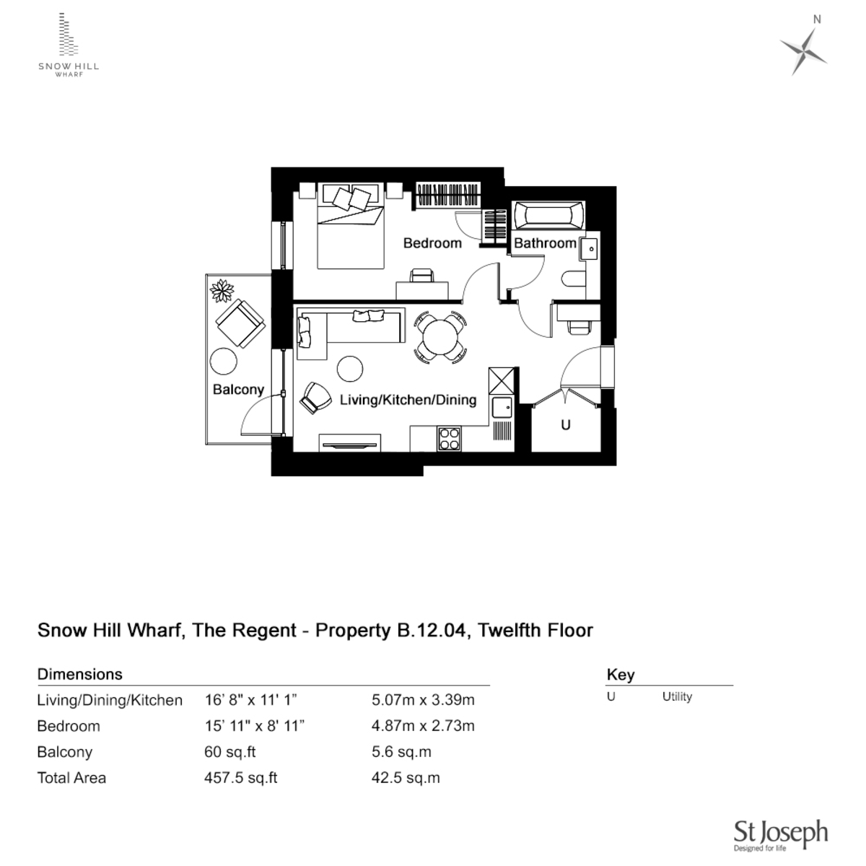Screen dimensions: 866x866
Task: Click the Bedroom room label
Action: click(x=432, y=243)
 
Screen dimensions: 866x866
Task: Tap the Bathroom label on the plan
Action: click(x=545, y=243)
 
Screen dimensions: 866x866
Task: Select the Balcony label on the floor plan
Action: click(x=238, y=390)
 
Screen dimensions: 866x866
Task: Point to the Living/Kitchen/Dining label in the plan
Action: click(x=408, y=400)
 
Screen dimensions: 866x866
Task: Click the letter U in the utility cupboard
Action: click(x=565, y=425)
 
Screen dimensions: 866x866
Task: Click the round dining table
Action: click(x=439, y=336)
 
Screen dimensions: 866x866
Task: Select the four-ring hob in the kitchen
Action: click(x=449, y=439)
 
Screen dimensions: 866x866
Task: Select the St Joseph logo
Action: click(x=780, y=835)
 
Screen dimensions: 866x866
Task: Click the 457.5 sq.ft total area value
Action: click(x=241, y=778)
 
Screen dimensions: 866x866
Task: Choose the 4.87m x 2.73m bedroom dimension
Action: click(x=423, y=726)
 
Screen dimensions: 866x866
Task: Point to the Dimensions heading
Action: click(x=79, y=674)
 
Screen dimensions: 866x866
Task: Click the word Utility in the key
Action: click(x=677, y=696)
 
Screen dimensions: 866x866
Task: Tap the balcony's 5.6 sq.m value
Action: click(x=401, y=752)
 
